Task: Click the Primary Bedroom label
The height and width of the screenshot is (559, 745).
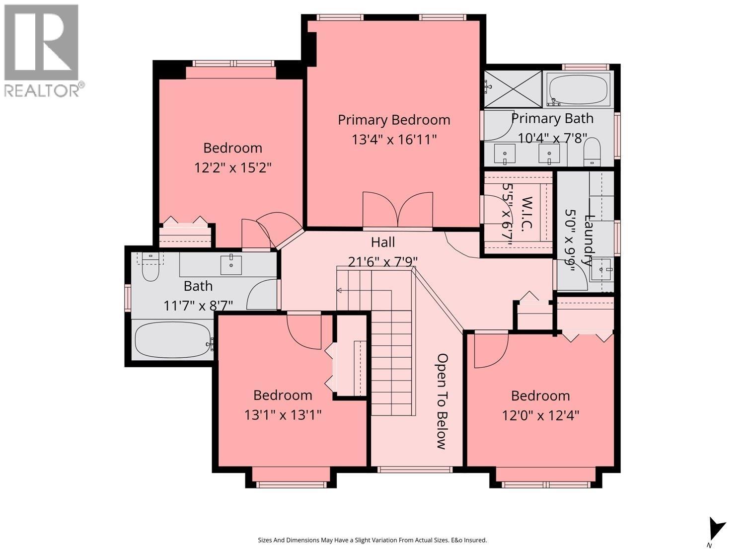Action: click(x=394, y=120)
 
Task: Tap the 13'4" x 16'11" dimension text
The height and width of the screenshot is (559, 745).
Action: click(x=394, y=140)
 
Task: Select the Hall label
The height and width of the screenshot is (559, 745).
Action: click(x=383, y=242)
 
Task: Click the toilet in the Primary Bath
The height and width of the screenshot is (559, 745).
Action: click(x=592, y=152)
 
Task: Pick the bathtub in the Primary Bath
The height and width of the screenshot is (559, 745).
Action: click(x=578, y=89)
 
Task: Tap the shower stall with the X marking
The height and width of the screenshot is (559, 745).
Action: click(x=513, y=89)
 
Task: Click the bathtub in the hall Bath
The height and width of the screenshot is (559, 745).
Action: click(x=173, y=340)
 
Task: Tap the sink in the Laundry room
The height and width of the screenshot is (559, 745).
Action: click(x=602, y=269)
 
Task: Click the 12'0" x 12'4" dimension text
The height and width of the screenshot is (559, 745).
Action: click(x=540, y=415)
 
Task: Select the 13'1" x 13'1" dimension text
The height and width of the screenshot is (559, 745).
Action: click(x=283, y=414)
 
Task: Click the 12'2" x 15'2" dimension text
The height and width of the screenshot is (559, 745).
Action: click(x=233, y=167)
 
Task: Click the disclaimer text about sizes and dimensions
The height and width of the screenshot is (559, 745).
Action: click(x=372, y=540)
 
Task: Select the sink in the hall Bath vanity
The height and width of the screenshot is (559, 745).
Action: click(x=231, y=265)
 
